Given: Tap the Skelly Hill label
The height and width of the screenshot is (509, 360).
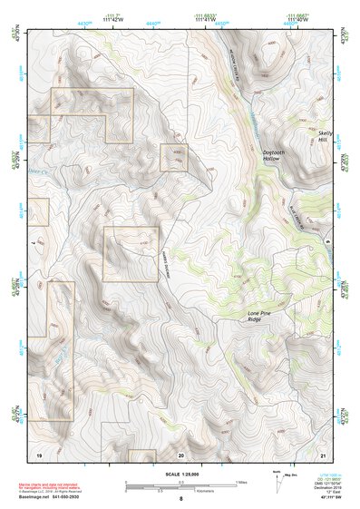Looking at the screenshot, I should (325, 138).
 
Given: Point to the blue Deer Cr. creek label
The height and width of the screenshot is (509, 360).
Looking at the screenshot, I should (35, 168).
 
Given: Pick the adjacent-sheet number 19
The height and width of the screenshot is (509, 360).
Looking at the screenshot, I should (39, 453).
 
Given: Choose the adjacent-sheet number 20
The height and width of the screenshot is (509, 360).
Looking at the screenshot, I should (180, 453).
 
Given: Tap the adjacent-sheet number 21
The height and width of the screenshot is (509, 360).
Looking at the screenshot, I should (323, 453).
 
